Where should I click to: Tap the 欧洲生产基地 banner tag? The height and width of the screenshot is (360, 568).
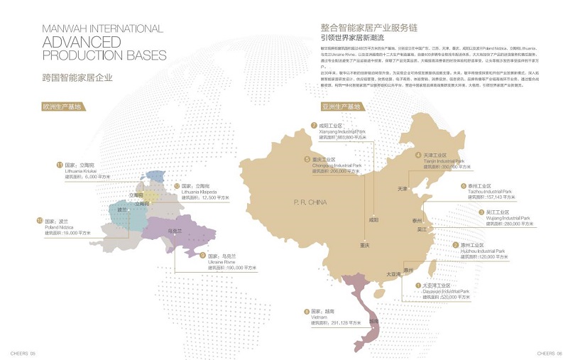(x=62, y=107)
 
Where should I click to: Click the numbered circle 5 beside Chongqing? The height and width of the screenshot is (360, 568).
(x=307, y=160)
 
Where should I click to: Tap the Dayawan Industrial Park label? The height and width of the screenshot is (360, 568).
(x=447, y=291)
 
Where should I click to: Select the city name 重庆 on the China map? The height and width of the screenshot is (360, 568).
(x=364, y=245)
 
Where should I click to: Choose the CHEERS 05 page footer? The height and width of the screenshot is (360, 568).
(x=23, y=352)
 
